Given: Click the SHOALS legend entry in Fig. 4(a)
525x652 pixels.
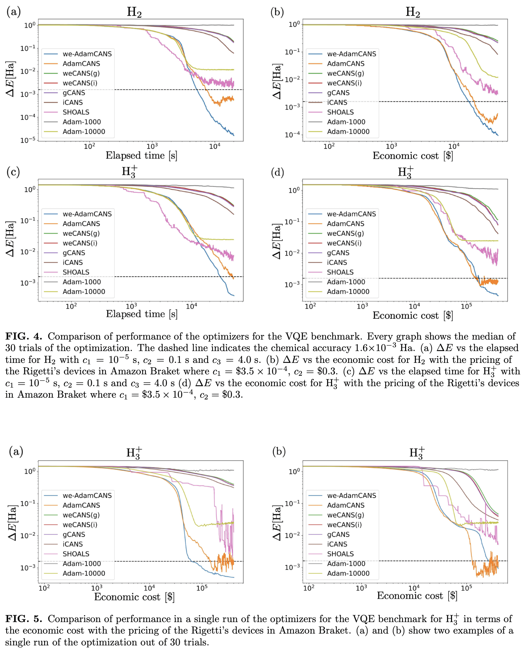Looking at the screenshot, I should [76, 112].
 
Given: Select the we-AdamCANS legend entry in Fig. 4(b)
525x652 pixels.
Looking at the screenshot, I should [351, 54].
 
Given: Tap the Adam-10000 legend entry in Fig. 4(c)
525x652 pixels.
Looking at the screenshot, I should [83, 292].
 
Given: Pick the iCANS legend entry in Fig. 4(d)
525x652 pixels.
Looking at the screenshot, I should [337, 262].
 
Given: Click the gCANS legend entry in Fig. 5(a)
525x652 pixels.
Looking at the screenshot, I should [74, 534].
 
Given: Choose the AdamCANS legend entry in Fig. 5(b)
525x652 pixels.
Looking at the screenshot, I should [345, 505].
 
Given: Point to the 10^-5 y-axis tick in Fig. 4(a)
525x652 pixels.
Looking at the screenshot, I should [28, 140].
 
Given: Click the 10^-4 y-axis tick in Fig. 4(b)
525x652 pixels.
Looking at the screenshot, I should [292, 135].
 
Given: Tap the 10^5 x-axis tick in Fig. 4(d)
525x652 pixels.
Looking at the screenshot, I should [466, 306].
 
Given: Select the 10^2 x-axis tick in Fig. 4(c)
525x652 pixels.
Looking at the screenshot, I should [71, 306].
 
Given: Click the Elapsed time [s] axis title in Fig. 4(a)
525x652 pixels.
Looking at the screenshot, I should [142, 156].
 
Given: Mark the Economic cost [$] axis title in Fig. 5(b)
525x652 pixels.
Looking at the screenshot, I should [417, 596].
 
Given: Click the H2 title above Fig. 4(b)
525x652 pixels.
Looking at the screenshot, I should [413, 13].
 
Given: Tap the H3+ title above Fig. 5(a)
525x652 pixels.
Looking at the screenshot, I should [134, 453].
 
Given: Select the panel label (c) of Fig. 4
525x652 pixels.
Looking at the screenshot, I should [13, 172].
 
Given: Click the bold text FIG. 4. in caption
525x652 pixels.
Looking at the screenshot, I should [24, 336].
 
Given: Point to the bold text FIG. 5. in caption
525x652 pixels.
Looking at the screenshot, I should [24, 619].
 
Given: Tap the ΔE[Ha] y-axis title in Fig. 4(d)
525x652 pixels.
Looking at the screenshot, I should [277, 241].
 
